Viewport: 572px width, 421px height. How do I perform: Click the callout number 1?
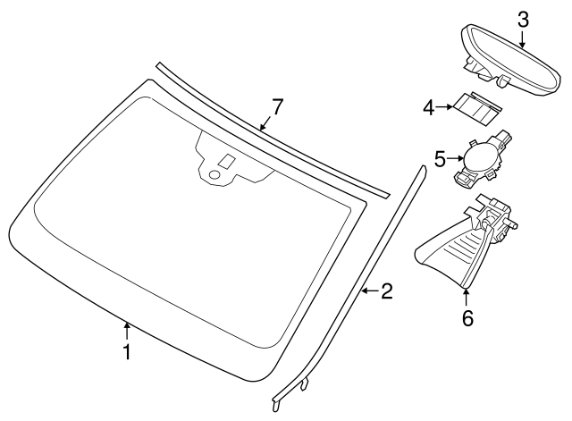[x=127, y=352]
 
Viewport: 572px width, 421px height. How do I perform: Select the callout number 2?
[x=386, y=290]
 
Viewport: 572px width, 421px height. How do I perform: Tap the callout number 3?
[x=523, y=19]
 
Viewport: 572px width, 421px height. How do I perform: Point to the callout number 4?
[x=429, y=108]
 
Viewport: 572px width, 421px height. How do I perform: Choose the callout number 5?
[x=440, y=159]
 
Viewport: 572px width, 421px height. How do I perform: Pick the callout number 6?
[x=467, y=317]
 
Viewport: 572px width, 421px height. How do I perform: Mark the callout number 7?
[x=277, y=107]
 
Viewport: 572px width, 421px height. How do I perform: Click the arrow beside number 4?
[x=447, y=108]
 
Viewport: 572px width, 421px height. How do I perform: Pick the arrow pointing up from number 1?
[x=127, y=331]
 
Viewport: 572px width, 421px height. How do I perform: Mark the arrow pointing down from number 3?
[x=523, y=38]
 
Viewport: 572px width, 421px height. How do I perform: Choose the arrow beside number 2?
[x=368, y=290]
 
